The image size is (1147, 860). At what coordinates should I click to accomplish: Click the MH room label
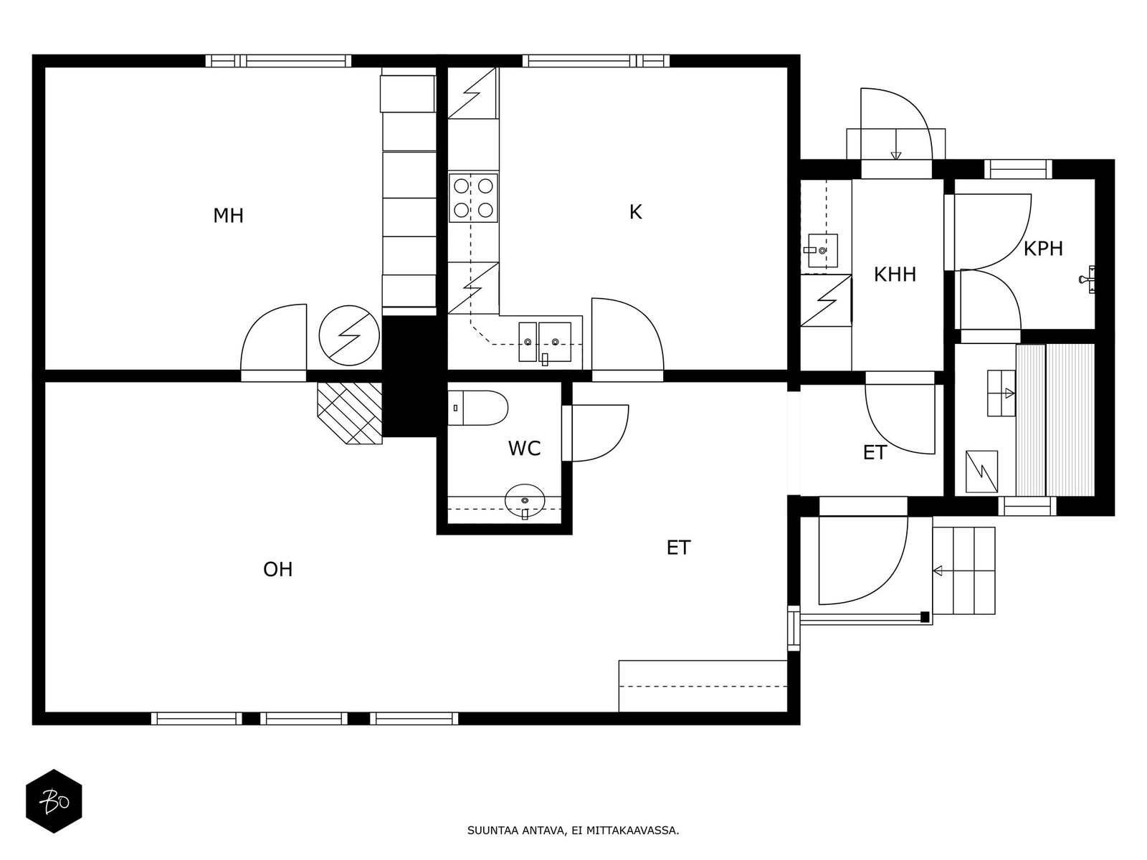click(x=229, y=216)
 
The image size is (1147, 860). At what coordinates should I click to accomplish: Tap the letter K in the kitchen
click(x=635, y=212)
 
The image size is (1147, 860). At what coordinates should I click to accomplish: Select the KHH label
click(x=895, y=274)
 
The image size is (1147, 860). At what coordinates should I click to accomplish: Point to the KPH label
click(x=1043, y=249)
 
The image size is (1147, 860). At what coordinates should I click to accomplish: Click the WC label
click(x=524, y=449)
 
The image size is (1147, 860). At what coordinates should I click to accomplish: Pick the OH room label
click(x=277, y=569)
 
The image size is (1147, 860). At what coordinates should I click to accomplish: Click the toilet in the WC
click(x=477, y=408)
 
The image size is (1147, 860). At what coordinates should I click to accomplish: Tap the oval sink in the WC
click(x=525, y=502)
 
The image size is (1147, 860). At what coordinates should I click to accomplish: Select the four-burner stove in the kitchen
click(x=473, y=198)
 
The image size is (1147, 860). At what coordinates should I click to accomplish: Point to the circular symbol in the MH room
click(x=349, y=335)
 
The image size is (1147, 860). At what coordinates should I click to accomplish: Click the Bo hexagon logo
click(x=54, y=801)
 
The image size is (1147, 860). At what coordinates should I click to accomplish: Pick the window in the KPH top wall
click(x=1018, y=168)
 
